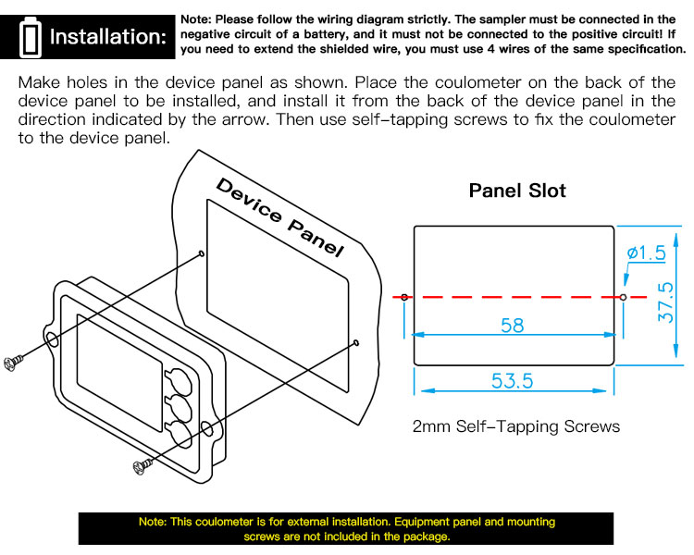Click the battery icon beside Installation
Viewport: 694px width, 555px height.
(x=31, y=38)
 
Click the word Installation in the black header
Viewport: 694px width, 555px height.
(x=108, y=37)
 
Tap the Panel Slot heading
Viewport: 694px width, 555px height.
(x=517, y=191)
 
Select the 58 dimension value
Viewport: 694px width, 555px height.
(x=512, y=326)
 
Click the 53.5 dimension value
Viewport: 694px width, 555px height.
(x=512, y=381)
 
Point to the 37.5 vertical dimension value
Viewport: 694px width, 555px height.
(x=665, y=302)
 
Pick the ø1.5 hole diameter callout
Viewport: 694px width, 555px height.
(x=646, y=253)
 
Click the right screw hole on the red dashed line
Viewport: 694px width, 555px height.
(x=623, y=297)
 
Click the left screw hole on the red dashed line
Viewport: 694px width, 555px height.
(x=404, y=297)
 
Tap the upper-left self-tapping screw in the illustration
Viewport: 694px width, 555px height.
(x=13, y=363)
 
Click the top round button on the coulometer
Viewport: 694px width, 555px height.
(x=179, y=381)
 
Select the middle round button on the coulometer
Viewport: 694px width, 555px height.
(x=179, y=407)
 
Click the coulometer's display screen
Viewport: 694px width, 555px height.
(x=119, y=373)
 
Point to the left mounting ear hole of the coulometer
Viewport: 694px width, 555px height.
(x=52, y=340)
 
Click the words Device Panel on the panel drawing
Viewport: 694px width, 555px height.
(x=279, y=217)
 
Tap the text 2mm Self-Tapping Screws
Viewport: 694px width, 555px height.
(x=516, y=426)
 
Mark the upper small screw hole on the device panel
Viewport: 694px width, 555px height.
(x=202, y=253)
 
